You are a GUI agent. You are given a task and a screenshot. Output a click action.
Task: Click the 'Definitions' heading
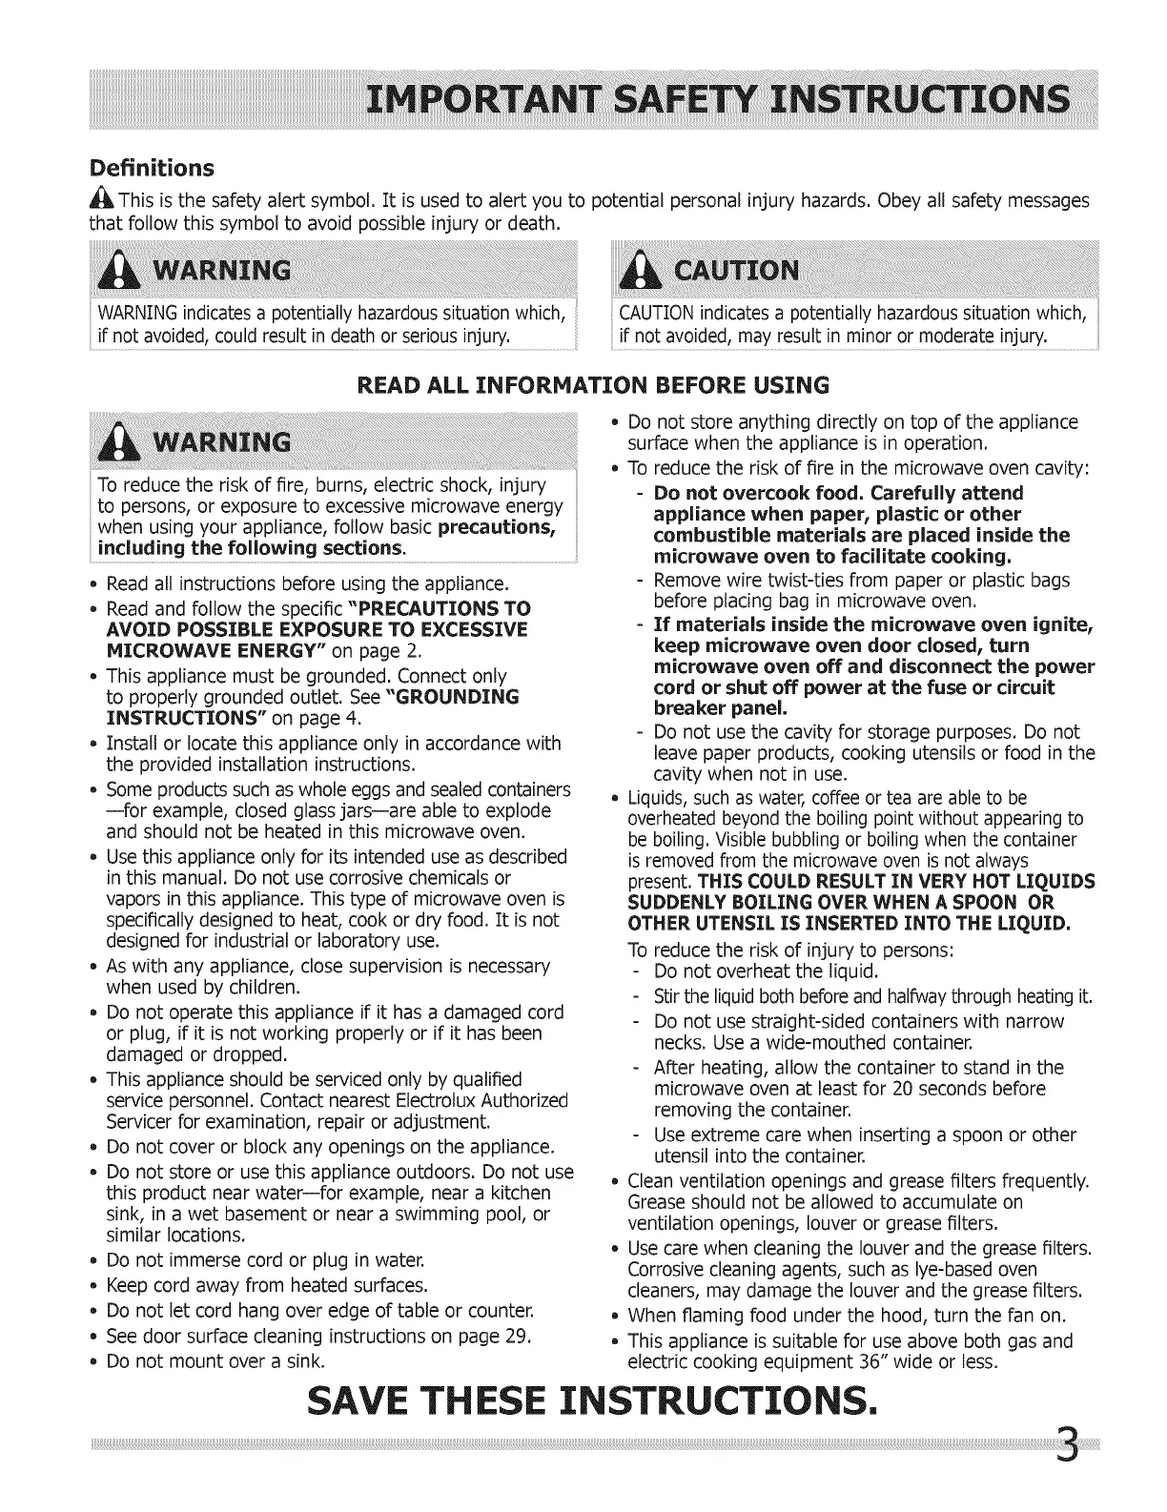pos(151,169)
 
